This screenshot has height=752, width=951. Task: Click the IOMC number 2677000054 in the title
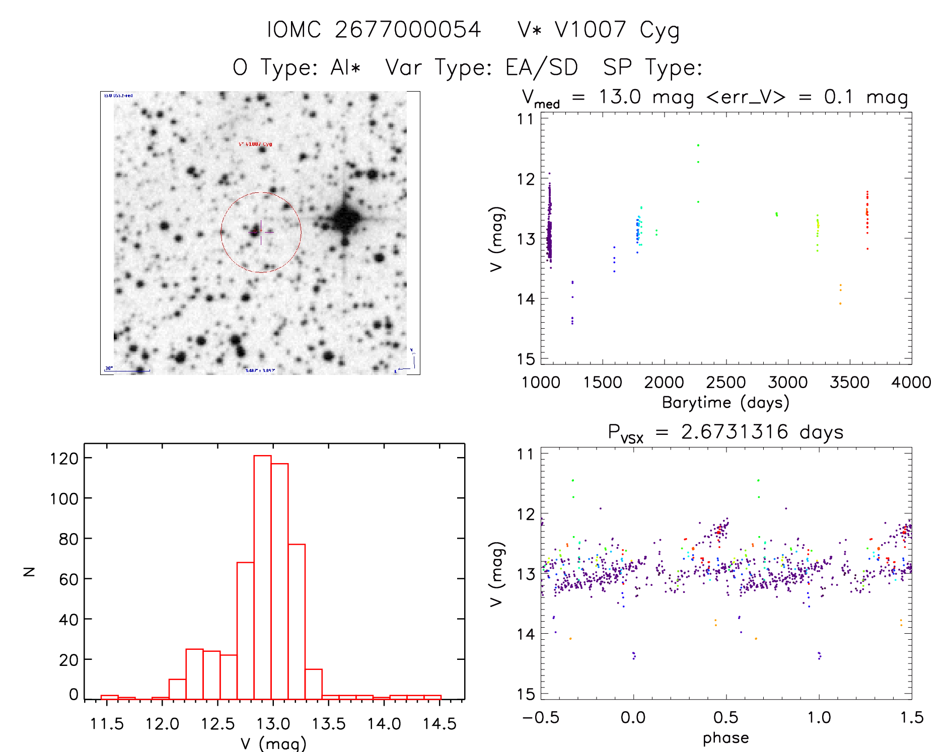(x=408, y=30)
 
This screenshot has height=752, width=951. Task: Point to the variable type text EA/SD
(x=541, y=67)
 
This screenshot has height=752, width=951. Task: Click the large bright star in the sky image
(x=345, y=219)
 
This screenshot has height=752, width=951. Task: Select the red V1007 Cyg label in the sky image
(x=255, y=144)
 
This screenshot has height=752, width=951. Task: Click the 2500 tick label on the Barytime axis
(x=726, y=383)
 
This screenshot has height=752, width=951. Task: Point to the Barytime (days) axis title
(x=725, y=403)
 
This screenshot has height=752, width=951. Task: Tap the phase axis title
(x=725, y=738)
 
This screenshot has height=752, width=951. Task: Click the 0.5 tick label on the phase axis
(x=726, y=718)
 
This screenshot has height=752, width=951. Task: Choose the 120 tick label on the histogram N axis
(x=64, y=459)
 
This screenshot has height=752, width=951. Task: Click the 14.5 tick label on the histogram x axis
(x=440, y=724)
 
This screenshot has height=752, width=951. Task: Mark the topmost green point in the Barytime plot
(x=698, y=145)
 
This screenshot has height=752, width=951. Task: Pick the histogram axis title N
(x=29, y=571)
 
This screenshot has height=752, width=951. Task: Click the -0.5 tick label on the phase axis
(x=541, y=718)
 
